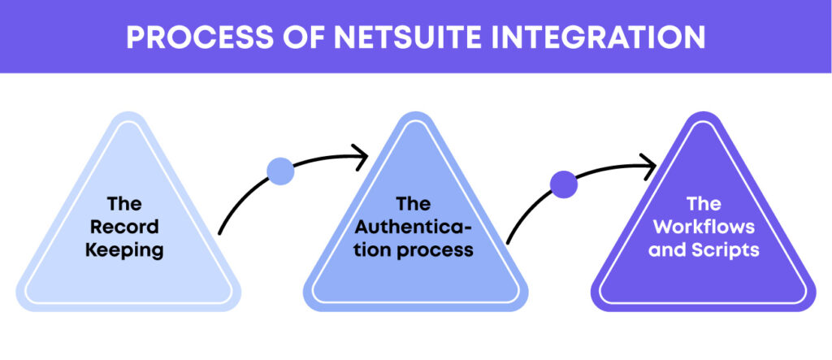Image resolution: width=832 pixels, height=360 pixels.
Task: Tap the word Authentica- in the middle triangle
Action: pos(415,226)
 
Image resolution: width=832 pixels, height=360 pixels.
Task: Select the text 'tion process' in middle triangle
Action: pos(415,249)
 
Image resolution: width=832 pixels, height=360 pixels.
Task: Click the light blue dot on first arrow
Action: pos(280,171)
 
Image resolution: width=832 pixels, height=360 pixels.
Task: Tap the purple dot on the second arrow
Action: pos(564,184)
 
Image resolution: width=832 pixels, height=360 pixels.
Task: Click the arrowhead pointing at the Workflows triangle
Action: pos(650,167)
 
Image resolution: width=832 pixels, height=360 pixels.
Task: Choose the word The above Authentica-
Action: pos(415,203)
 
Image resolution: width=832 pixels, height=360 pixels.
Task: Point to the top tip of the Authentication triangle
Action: pos(415,116)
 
